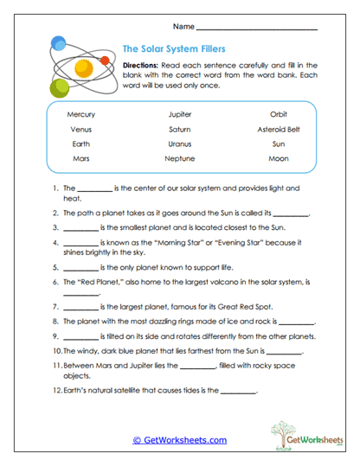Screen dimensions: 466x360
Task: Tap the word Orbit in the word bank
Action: pyautogui.click(x=278, y=113)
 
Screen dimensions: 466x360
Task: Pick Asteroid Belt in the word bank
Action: pyautogui.click(x=278, y=129)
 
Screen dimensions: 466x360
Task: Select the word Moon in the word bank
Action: pyautogui.click(x=278, y=159)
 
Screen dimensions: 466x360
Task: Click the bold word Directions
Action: pyautogui.click(x=140, y=65)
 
